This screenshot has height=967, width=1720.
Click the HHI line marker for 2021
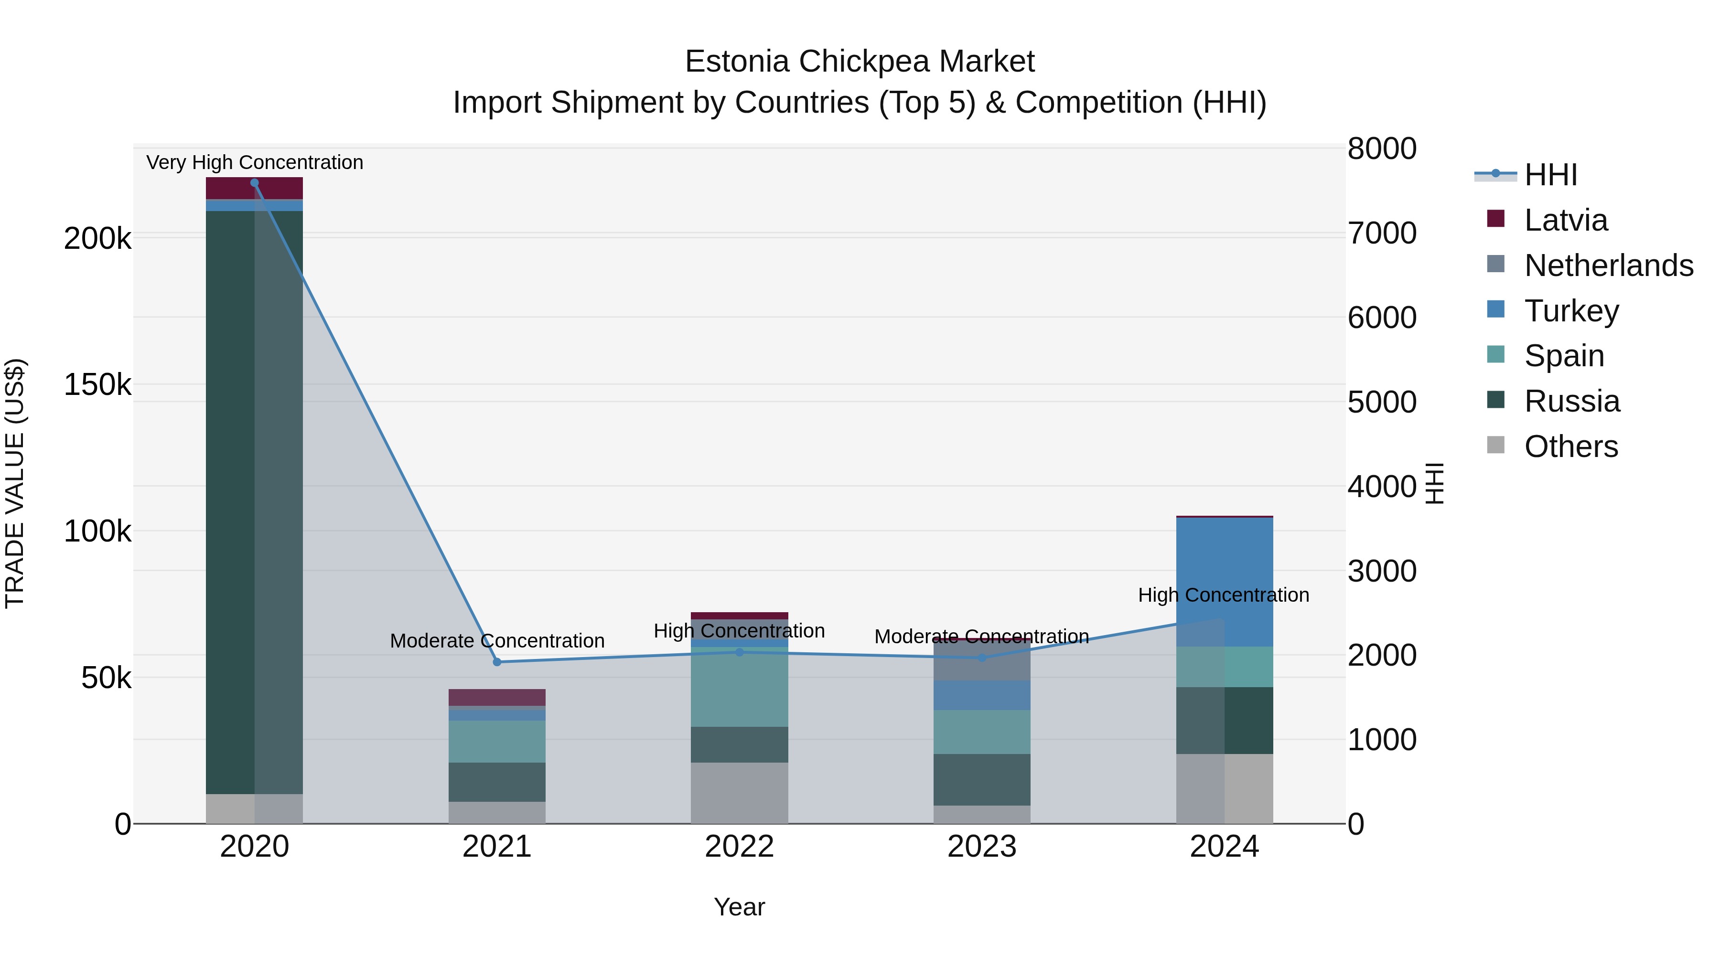[x=497, y=662]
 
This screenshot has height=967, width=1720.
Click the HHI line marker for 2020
[x=254, y=183]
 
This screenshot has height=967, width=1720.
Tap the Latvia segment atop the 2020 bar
[x=254, y=188]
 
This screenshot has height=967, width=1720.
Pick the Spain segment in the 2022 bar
[x=739, y=687]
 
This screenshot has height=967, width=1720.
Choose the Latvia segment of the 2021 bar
[x=497, y=697]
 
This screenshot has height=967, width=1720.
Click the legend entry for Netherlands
[x=1608, y=266]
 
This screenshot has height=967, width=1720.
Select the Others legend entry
[x=1570, y=446]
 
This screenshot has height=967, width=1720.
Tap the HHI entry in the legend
[x=1550, y=175]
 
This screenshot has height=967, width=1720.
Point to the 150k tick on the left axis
[x=97, y=385]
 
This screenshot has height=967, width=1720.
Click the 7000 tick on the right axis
[x=1381, y=234]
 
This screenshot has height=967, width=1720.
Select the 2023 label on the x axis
[x=981, y=847]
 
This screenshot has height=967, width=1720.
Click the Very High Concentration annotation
[x=254, y=162]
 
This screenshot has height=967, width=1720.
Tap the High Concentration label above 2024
[x=1223, y=595]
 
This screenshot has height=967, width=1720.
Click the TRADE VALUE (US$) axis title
[x=15, y=483]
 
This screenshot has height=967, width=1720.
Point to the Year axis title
[x=739, y=907]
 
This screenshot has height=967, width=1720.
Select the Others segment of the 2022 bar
[x=739, y=793]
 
